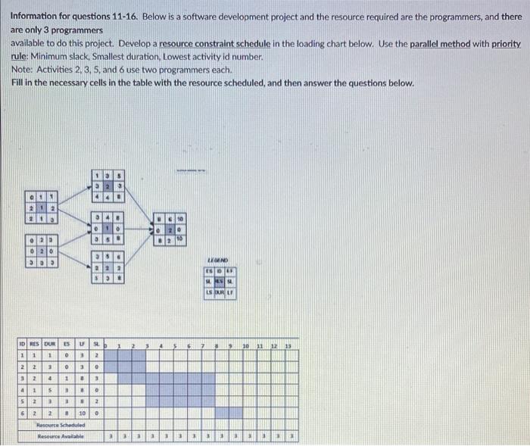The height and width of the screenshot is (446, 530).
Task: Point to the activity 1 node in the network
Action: pyautogui.click(x=42, y=206)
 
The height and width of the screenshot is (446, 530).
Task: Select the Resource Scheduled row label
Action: pyautogui.click(x=64, y=426)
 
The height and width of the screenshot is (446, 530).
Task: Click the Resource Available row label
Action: pyautogui.click(x=64, y=436)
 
